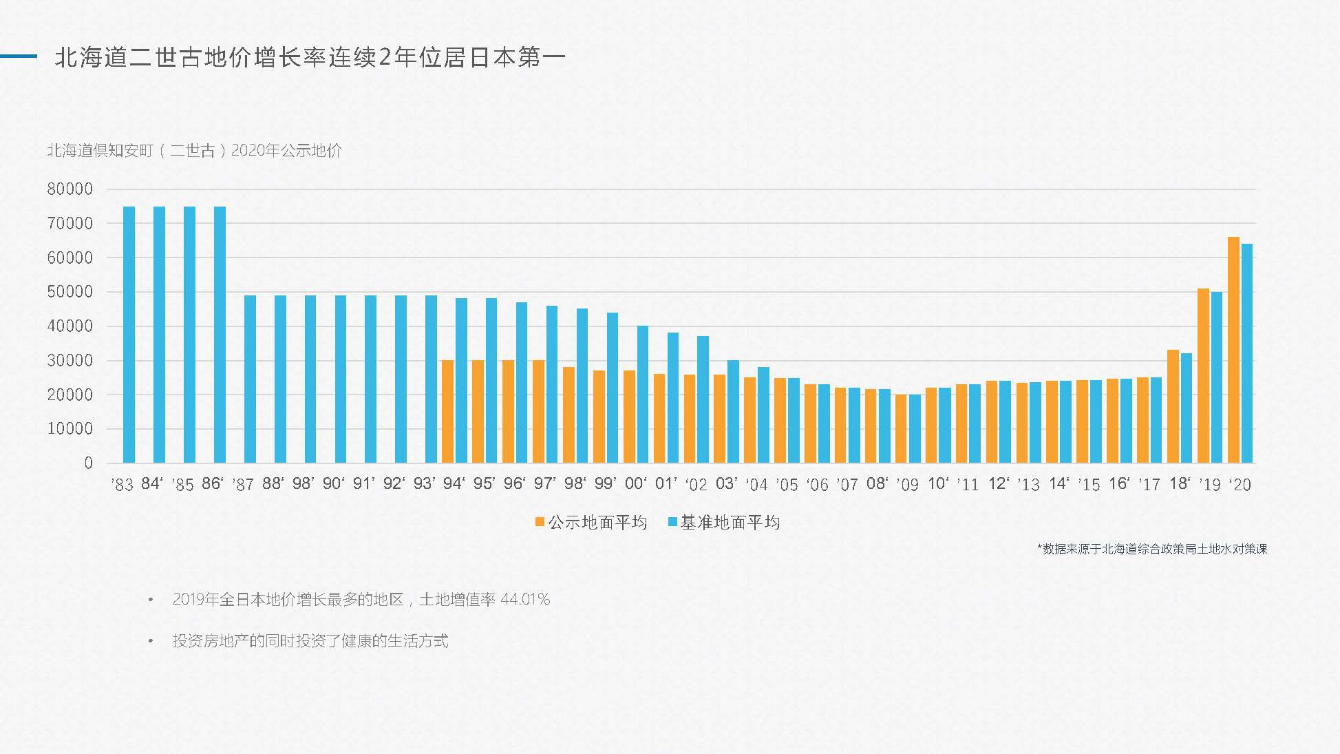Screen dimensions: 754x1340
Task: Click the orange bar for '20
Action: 1233,350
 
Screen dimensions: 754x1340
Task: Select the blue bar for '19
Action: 1217,377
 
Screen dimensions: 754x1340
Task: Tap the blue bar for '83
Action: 129,335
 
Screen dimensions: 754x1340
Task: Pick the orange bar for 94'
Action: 447,411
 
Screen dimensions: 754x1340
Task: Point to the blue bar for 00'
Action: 643,394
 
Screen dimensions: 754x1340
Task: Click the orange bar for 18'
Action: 1173,406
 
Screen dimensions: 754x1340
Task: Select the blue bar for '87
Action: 250,379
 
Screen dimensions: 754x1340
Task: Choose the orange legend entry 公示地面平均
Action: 591,523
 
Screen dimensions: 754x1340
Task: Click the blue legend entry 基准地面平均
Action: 724,523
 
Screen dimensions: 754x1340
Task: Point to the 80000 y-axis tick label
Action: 70,189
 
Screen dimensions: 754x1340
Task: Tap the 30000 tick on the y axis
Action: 70,361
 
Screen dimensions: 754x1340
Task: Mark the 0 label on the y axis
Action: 88,463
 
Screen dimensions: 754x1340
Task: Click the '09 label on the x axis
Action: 908,485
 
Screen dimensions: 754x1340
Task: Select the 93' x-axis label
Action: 424,484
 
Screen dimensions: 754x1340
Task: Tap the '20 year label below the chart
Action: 1240,485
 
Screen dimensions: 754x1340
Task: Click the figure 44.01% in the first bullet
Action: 525,600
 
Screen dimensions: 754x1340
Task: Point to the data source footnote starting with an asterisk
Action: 1151,549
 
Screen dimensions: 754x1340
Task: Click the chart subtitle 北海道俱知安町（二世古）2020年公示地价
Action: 195,151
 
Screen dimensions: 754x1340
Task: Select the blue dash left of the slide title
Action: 19,56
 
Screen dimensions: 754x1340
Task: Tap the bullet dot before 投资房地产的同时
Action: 151,641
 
